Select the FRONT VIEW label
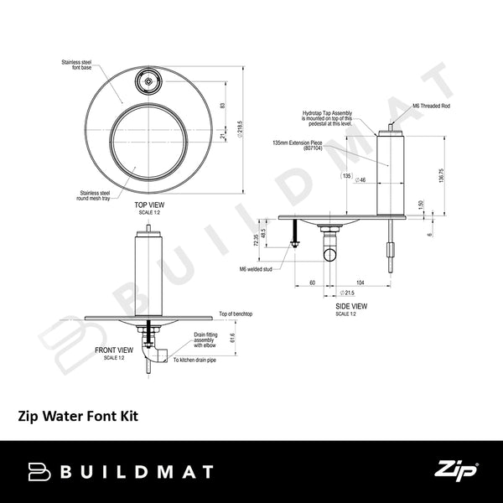click(x=113, y=349)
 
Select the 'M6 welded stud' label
click(x=257, y=268)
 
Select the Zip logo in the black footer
click(x=457, y=471)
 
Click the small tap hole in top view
click(x=148, y=82)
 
